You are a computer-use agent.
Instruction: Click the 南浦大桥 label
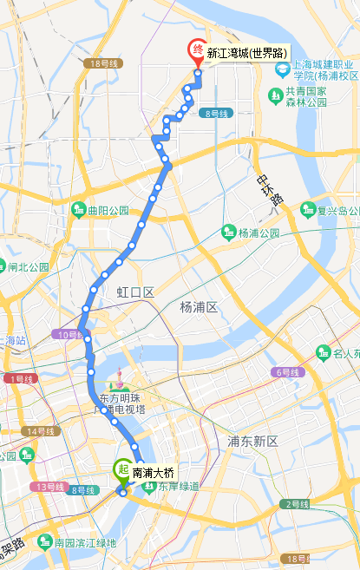point(154,474)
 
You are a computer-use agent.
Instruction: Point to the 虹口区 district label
point(135,293)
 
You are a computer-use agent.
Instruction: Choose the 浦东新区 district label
point(252,442)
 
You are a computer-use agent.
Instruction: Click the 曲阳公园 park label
point(108,211)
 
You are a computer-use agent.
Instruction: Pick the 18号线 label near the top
point(102,64)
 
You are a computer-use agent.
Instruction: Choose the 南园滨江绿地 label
point(84,543)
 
